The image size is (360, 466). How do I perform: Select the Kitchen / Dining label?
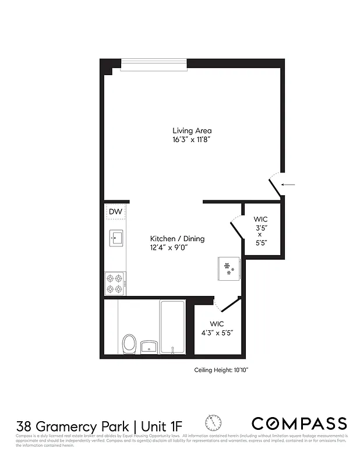click(x=178, y=239)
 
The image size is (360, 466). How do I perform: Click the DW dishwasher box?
click(x=115, y=211)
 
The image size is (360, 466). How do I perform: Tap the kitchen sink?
click(x=116, y=237)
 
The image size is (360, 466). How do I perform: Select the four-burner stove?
click(x=115, y=283)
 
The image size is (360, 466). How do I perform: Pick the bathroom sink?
click(x=149, y=347)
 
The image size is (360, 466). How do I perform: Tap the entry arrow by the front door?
click(x=288, y=185)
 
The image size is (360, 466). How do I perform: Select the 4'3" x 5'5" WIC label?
click(x=217, y=329)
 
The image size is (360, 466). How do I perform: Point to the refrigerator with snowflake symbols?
click(x=229, y=268)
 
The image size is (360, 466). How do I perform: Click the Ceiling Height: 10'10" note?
click(x=225, y=370)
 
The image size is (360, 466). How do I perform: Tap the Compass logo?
click(x=299, y=423)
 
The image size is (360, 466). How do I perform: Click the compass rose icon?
click(x=213, y=422)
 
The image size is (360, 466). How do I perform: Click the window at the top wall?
click(x=154, y=63)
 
